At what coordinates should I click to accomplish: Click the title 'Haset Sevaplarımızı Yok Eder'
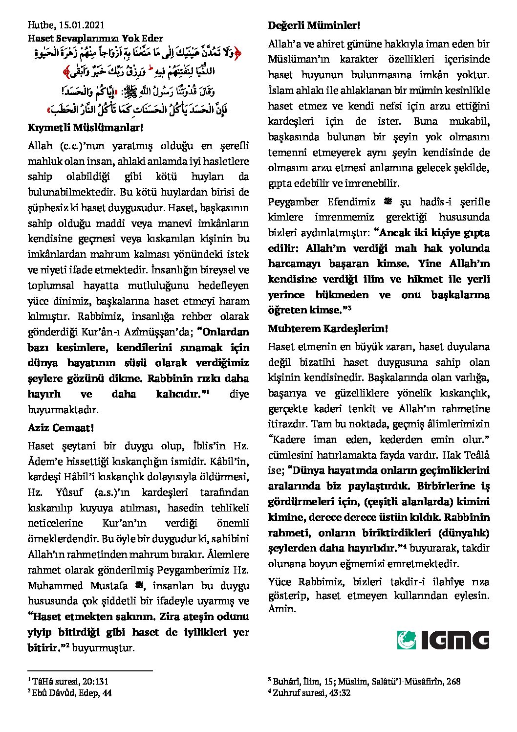pos(95,38)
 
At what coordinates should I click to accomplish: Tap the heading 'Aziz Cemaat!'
pos(61,428)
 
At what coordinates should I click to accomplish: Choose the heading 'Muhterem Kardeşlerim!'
pos(328,328)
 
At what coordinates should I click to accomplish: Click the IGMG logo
pos(443,640)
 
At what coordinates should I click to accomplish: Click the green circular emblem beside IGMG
pos(407,640)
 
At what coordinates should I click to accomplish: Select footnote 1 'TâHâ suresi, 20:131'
pos(68,681)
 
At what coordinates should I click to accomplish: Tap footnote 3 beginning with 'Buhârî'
pos(364,681)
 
